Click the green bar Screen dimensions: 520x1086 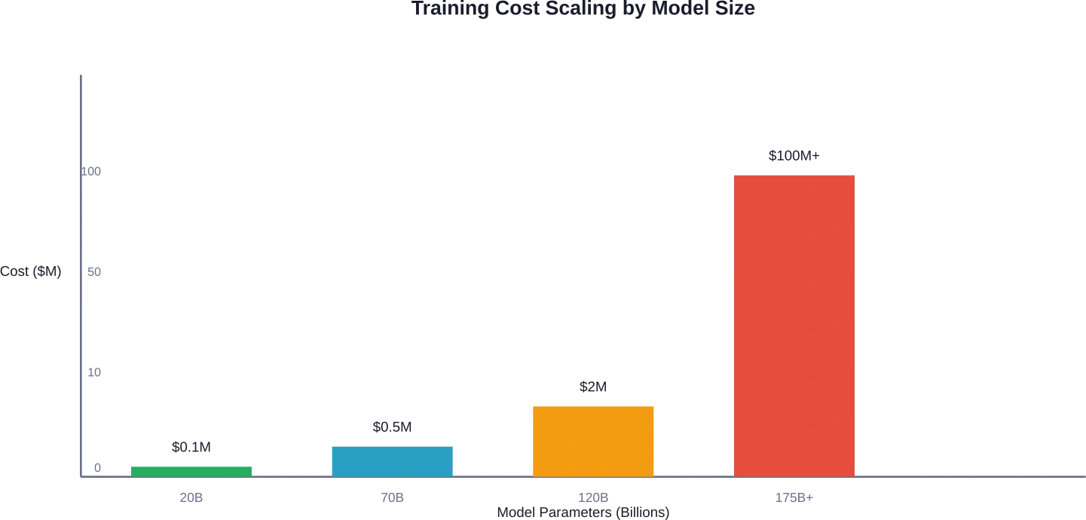[191, 470]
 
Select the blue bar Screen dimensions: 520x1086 [393, 461]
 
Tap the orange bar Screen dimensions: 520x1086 [593, 440]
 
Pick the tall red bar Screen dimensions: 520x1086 [794, 326]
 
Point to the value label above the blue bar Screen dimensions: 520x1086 [393, 427]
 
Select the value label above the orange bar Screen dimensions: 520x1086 [593, 387]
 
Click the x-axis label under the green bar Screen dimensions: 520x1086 [190, 497]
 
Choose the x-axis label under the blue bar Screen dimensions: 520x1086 [391, 497]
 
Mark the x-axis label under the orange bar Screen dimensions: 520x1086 [593, 497]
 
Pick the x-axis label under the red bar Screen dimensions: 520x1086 [793, 497]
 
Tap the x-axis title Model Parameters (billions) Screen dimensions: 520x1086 [581, 512]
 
